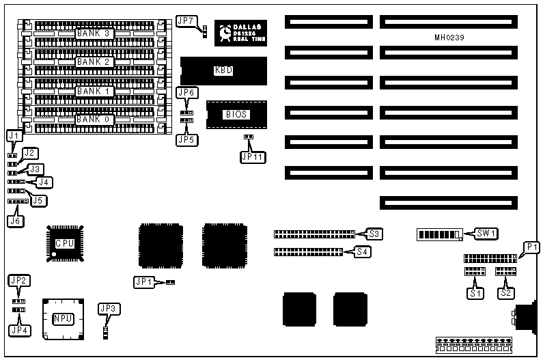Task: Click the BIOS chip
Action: coord(236,115)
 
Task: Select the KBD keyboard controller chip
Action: coord(223,70)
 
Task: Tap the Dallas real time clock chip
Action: coord(238,32)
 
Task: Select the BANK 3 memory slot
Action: coord(93,33)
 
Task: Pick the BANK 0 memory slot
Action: coord(93,119)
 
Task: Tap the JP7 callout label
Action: coord(185,22)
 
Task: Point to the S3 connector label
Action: coord(374,234)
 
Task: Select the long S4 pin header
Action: coord(314,251)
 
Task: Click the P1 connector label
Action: coord(531,247)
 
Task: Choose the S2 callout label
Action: coord(506,294)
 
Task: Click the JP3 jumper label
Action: coord(108,309)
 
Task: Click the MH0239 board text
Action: coord(449,38)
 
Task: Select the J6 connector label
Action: coord(16,221)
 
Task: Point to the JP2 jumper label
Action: coord(18,281)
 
